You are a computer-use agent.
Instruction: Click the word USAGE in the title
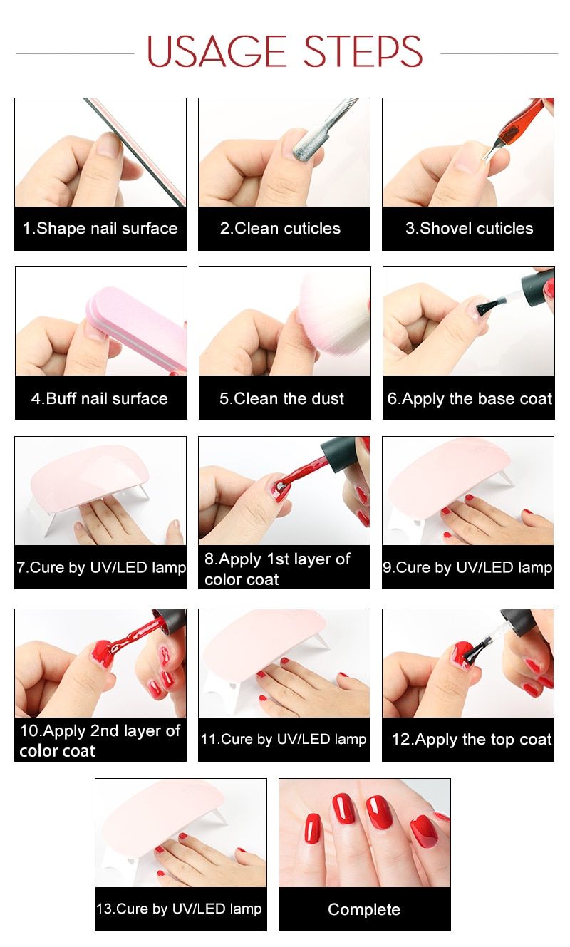(x=217, y=51)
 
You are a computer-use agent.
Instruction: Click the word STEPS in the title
(x=363, y=51)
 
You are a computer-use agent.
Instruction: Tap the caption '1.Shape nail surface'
(x=100, y=228)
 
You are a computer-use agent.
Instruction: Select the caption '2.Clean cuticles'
(x=280, y=228)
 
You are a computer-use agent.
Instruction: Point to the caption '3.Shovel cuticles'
(x=469, y=228)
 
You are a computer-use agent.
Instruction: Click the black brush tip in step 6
(x=486, y=307)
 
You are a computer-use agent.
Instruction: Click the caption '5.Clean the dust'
(x=281, y=398)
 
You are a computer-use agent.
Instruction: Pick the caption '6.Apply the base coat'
(x=470, y=398)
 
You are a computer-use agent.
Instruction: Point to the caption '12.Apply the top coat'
(x=472, y=740)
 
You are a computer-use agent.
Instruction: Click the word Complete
(x=364, y=909)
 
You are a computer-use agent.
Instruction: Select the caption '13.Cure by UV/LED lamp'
(x=180, y=909)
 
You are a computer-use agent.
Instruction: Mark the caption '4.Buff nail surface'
(x=99, y=398)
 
